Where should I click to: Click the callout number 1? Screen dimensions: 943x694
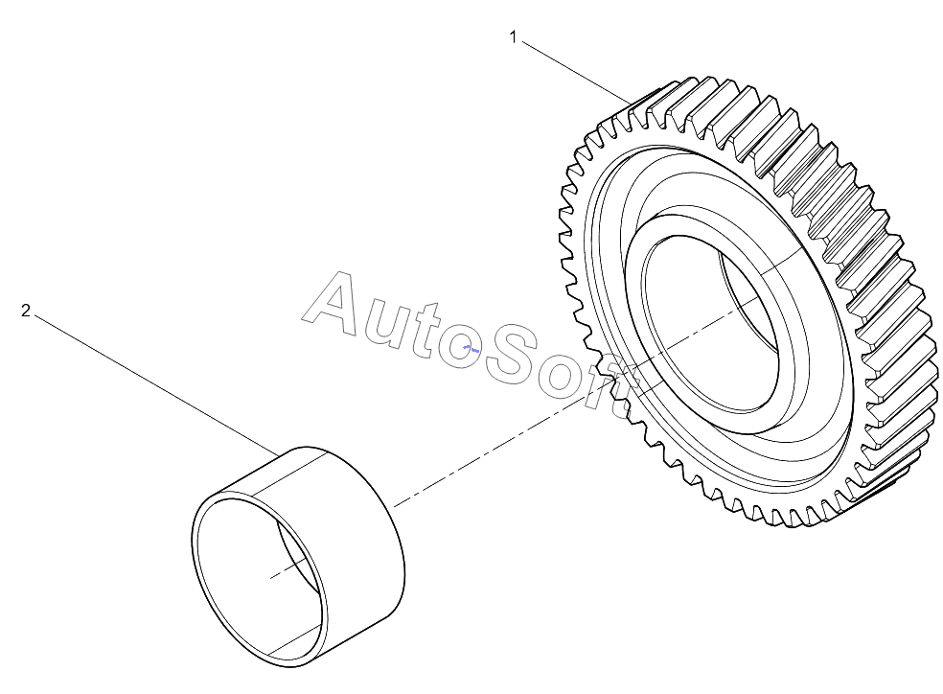coord(513,37)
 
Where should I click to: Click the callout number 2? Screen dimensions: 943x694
coord(25,311)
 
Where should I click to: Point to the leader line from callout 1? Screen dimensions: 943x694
coord(576,71)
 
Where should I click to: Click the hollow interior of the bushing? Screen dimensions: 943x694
coord(259,577)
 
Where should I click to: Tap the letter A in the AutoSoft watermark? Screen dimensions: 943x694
coord(333,304)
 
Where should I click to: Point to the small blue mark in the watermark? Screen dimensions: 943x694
coord(471,348)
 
